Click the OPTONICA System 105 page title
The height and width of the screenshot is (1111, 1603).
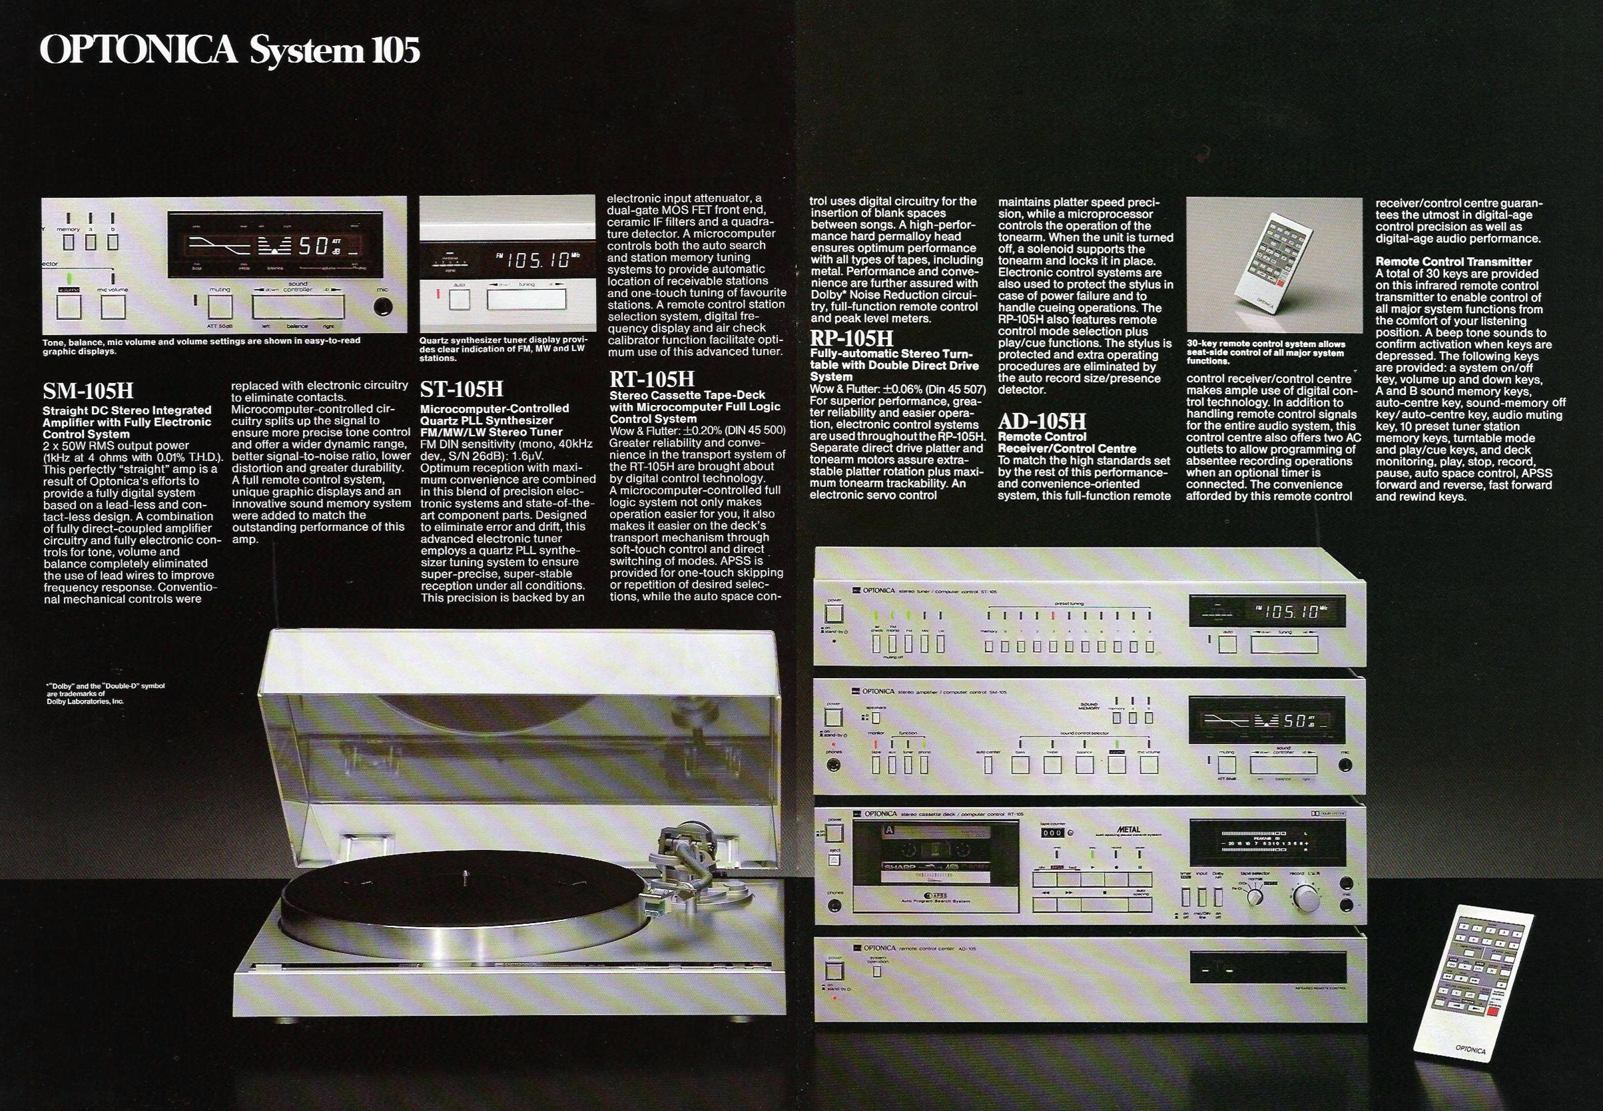coord(230,51)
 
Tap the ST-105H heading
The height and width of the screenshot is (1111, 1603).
coord(462,388)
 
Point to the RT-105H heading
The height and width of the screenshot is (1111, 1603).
coord(652,380)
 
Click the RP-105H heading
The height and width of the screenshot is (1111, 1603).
coord(852,339)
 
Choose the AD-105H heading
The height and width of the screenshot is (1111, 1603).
coord(1042,422)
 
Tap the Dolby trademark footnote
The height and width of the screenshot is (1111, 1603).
coord(105,693)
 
